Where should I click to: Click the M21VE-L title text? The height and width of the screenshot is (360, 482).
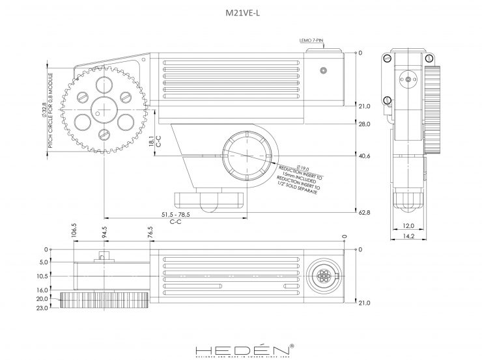(x=241, y=12)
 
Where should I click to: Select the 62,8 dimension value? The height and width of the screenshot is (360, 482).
(x=364, y=212)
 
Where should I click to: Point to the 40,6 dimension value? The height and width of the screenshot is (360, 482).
(x=364, y=156)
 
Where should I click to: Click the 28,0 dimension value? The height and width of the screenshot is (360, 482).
(x=364, y=124)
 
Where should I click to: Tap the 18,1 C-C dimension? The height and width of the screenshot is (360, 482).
(x=151, y=141)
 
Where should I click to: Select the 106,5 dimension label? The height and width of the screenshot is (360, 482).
(x=74, y=232)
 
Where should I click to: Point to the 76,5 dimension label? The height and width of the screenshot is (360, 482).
(x=150, y=232)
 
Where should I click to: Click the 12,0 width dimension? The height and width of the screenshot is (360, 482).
(x=408, y=226)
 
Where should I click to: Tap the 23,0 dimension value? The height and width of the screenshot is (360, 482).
(x=42, y=307)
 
